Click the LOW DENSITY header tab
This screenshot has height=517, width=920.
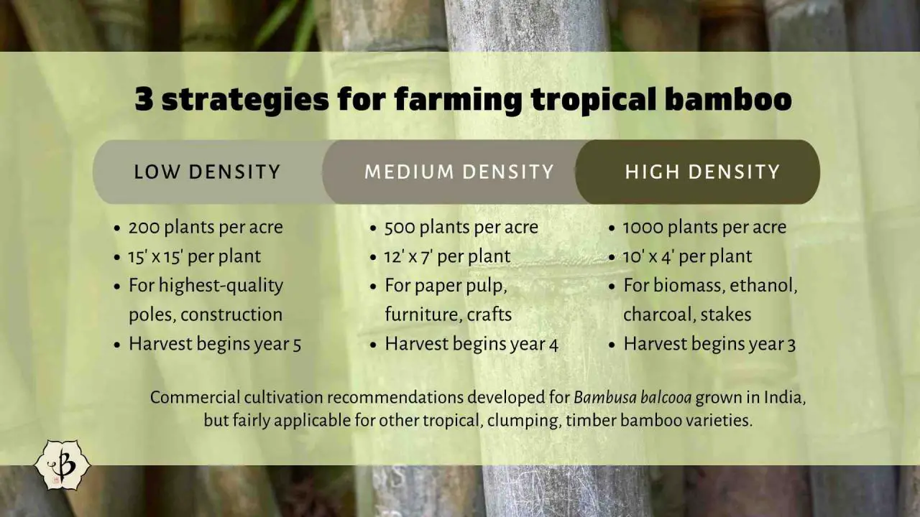tap(207, 172)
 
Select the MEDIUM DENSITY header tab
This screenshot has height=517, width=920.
tap(459, 172)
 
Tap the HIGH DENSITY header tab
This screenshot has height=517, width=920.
tap(701, 172)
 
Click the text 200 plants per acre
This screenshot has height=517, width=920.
tap(206, 228)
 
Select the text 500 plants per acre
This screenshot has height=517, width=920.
tap(461, 228)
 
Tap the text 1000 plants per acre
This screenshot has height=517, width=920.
tap(704, 228)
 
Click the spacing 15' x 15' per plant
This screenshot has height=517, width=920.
tap(194, 256)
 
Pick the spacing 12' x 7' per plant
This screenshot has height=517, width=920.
tap(447, 256)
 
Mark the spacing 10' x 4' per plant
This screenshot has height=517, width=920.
tap(687, 256)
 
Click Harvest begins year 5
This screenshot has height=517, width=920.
tap(214, 344)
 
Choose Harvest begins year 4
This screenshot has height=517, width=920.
tap(471, 344)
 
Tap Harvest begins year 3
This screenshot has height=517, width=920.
tap(709, 344)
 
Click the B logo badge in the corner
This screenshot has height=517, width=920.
tap(63, 465)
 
